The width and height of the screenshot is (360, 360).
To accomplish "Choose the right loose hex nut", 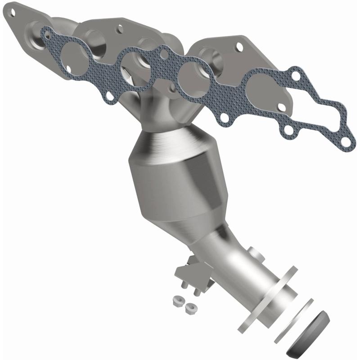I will pyautogui.click(x=190, y=308).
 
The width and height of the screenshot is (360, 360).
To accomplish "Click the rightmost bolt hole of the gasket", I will pyautogui.click(x=345, y=142).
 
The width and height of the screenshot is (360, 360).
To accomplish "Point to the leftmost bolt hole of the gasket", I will pyautogui.click(x=45, y=33).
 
